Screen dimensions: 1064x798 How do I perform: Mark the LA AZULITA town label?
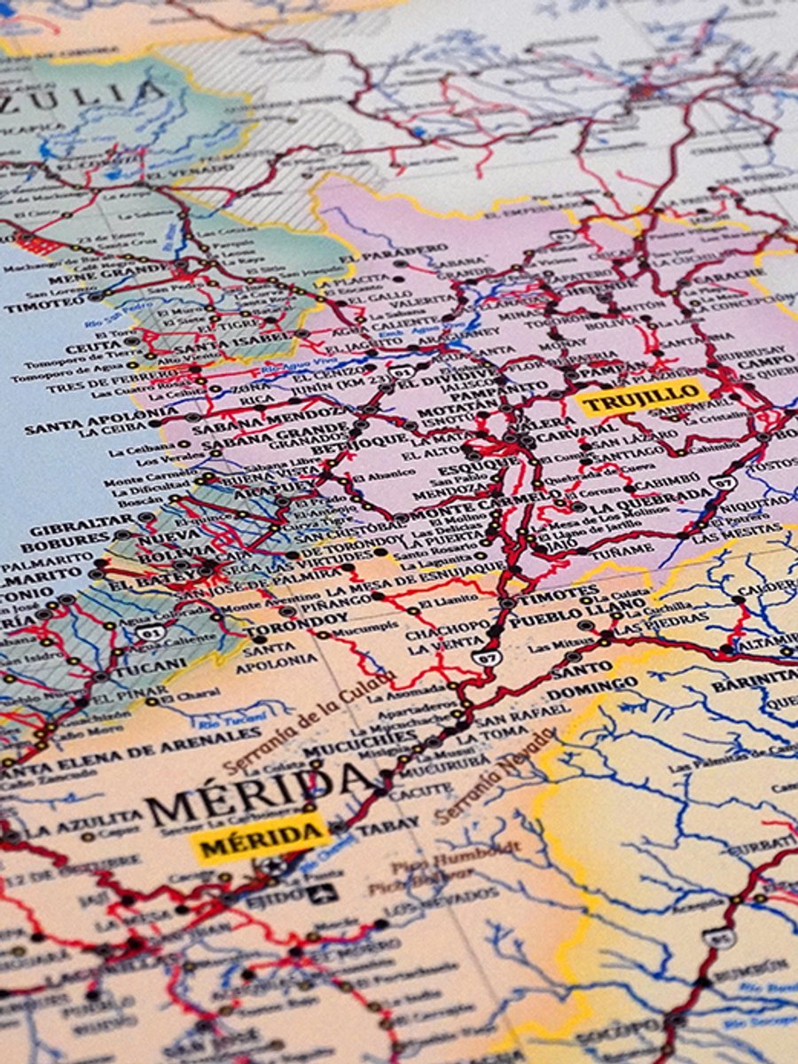(83, 822)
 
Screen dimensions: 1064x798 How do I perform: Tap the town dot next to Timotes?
(507, 602)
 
